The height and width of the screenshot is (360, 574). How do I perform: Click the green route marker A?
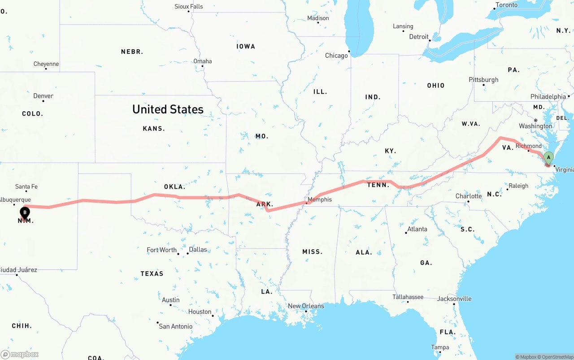point(548,158)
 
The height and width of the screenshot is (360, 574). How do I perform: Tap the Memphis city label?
point(320,200)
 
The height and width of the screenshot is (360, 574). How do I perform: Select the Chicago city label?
point(336,56)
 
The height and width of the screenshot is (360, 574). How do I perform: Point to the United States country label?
point(168,109)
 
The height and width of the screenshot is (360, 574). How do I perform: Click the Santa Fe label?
point(26,187)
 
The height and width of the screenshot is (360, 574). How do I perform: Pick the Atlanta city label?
point(417,229)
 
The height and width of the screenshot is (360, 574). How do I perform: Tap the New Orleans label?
point(306,306)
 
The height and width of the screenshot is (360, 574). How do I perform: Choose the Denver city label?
point(43,96)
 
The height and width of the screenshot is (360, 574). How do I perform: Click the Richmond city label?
point(529,146)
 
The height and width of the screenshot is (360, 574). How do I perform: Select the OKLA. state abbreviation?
point(174,187)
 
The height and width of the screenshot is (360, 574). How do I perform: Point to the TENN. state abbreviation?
point(378,185)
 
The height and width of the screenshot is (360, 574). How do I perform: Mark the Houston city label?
point(200,312)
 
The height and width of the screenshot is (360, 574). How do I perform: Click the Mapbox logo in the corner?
point(20,354)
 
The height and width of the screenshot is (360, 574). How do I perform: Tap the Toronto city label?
point(506,5)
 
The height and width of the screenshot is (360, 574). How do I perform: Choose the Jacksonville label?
point(454,299)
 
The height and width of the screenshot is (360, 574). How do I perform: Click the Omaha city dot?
point(202,66)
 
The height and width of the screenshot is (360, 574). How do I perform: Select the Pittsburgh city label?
point(483,80)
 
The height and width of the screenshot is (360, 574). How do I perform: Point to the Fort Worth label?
point(161,250)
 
